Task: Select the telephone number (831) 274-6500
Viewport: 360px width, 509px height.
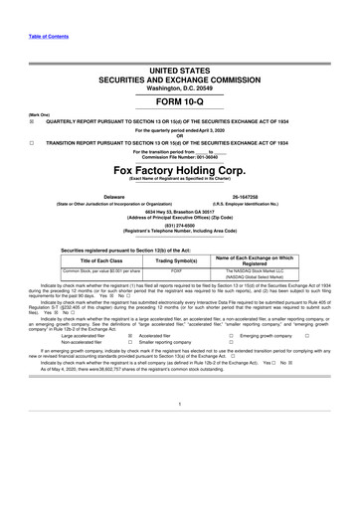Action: pos(180,225)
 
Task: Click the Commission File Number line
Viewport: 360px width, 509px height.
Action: pos(180,156)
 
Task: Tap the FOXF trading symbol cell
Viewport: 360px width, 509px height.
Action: pos(176,269)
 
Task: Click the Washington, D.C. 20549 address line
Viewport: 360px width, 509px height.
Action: pos(180,85)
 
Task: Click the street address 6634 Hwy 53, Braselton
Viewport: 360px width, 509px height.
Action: pos(180,211)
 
